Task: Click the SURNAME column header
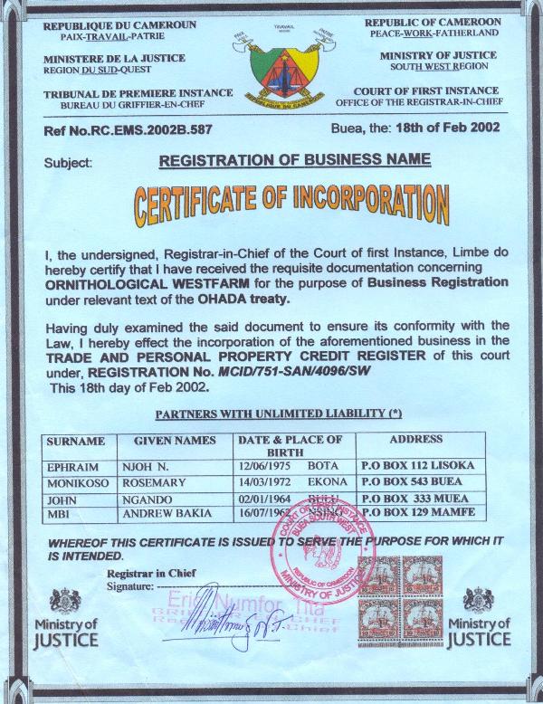pos(77,441)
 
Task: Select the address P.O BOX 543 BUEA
pos(430,481)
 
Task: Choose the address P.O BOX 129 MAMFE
pos(430,513)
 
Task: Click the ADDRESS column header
pos(415,440)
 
